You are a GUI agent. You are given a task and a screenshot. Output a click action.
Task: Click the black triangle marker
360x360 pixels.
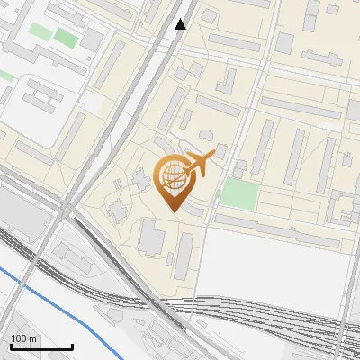click(x=181, y=24)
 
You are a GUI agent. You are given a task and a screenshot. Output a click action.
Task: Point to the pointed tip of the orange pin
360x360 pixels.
click(x=171, y=211)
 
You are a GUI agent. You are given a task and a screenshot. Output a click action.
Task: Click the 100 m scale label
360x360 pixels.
click(x=24, y=338)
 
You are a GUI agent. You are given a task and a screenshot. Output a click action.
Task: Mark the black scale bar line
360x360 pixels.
click(x=41, y=346)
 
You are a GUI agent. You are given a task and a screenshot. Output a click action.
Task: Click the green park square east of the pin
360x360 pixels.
click(x=238, y=192)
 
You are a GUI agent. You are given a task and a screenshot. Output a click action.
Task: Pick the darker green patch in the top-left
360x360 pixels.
click(x=65, y=38)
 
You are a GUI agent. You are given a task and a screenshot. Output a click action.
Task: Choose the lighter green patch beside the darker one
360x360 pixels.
click(x=39, y=31)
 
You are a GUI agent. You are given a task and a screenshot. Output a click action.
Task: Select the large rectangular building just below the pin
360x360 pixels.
click(x=151, y=239)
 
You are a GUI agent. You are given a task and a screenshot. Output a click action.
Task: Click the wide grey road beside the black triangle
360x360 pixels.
click(x=160, y=45)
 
